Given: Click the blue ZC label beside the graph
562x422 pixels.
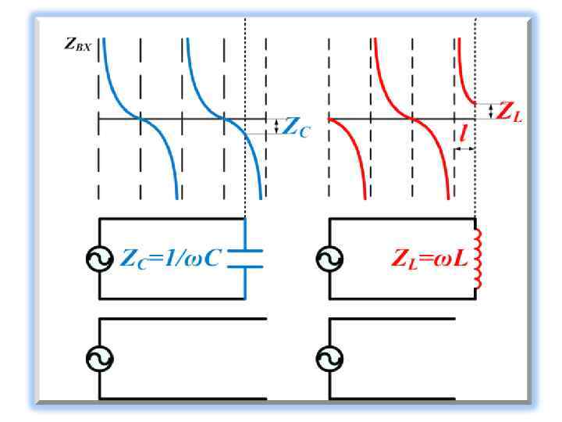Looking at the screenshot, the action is tap(295, 129).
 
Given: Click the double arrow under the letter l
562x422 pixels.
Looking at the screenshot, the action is tap(464, 148).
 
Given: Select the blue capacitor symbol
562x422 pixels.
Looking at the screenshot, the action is tap(246, 259).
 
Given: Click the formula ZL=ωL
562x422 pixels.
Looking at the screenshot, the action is tap(428, 259).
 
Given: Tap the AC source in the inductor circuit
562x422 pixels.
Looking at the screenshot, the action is tap(329, 259).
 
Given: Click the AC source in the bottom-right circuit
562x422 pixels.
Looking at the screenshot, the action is tap(329, 358).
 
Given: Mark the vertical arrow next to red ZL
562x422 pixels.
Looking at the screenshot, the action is tap(490, 111).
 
